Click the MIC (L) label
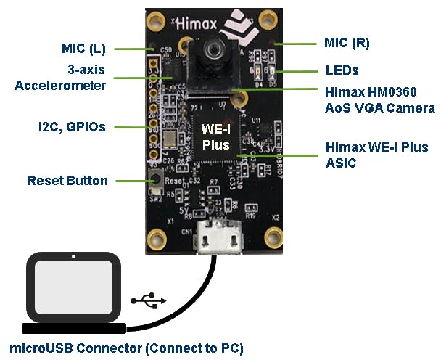click(83, 49)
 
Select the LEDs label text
click(342, 71)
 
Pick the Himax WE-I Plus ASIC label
click(377, 155)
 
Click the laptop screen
click(73, 288)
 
